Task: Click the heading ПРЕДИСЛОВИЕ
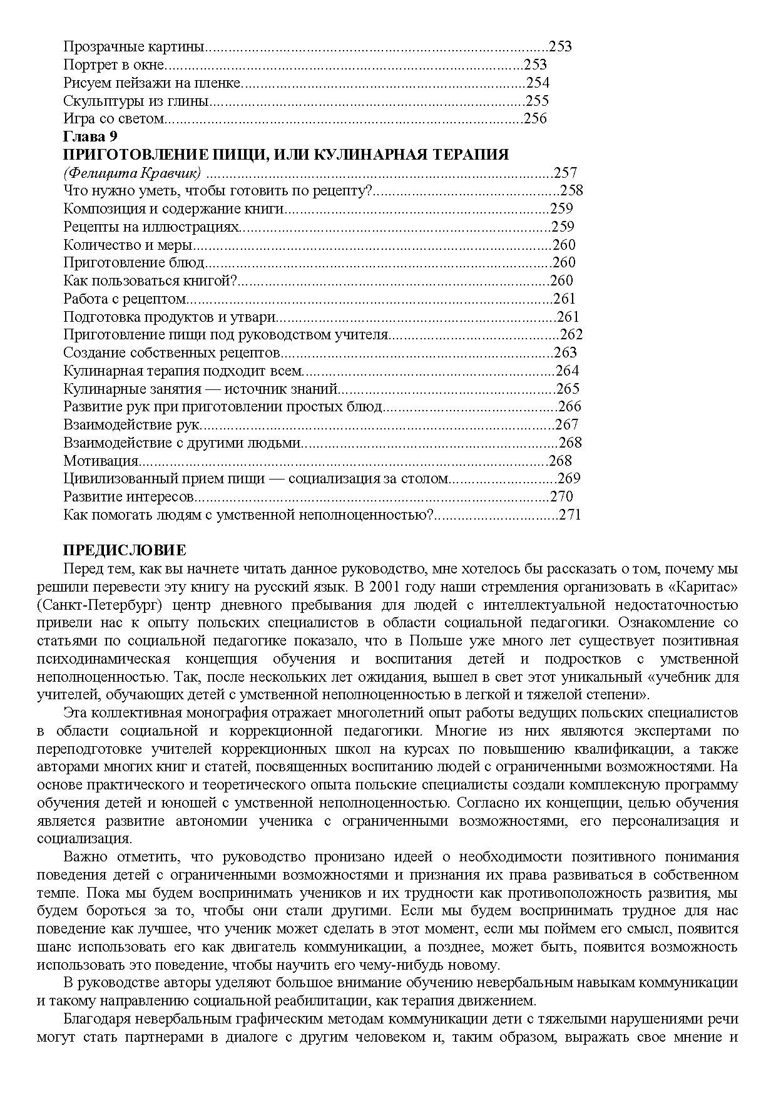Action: [x=125, y=551]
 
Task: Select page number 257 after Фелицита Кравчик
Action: [x=565, y=173]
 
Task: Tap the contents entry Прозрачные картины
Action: [x=134, y=46]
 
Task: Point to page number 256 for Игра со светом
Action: [x=535, y=118]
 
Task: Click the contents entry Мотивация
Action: [x=101, y=461]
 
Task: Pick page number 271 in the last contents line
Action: [x=570, y=515]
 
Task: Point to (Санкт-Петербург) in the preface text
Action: [x=100, y=605]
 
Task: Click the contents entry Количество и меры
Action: [x=128, y=245]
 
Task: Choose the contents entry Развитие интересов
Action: [x=129, y=497]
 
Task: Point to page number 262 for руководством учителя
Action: [x=571, y=335]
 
